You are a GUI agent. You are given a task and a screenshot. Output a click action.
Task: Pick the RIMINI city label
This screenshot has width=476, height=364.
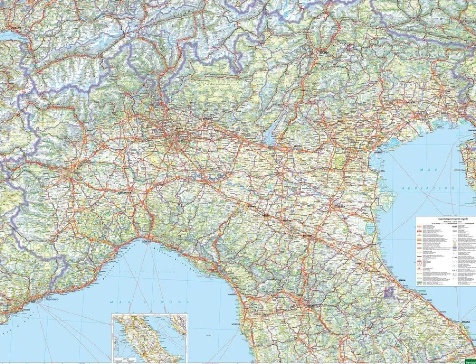pos(403,279)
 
